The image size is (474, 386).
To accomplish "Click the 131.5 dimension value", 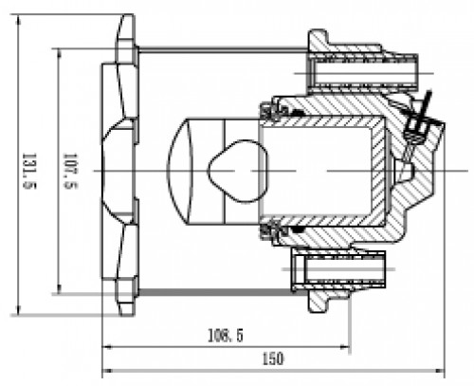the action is [29, 171].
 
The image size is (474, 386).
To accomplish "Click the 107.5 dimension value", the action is [71, 171].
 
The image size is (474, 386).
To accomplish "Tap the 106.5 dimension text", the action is [226, 336].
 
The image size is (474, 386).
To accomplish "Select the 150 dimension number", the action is [273, 358].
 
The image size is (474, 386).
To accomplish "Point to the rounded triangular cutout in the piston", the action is [237, 171].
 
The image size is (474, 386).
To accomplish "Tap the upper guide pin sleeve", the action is [363, 73].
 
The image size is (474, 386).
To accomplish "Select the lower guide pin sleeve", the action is [338, 269].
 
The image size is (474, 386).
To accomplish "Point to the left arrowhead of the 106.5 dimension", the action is [107, 347].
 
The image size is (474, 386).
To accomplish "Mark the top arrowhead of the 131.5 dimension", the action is [18, 19].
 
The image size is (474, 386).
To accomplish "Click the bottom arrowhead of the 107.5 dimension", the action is [59, 289].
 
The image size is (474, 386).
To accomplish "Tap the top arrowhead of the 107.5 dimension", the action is [59, 53].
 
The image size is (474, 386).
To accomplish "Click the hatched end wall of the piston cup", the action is [378, 171].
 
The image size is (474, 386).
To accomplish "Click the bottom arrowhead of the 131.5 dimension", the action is [18, 310].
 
